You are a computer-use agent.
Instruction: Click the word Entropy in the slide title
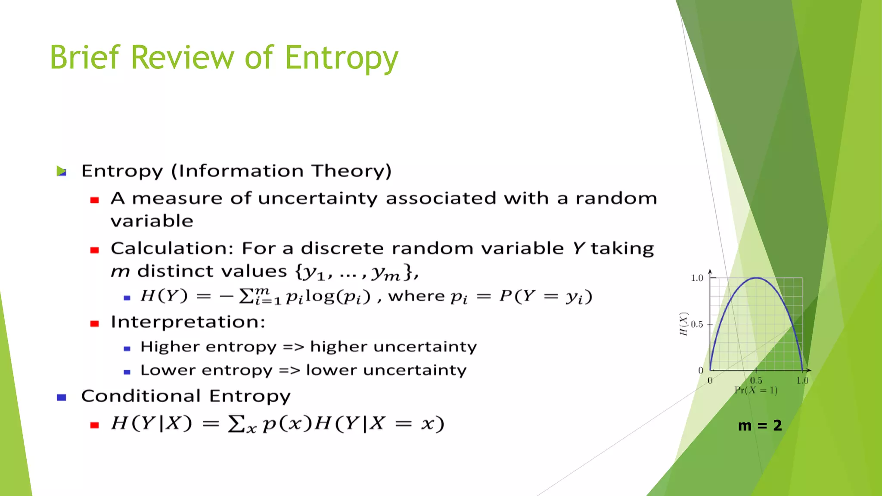[x=341, y=58]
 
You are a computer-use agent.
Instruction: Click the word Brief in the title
[x=84, y=57]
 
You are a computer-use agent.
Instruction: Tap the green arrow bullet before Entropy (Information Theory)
[x=62, y=171]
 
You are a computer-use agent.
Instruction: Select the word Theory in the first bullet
[x=351, y=171]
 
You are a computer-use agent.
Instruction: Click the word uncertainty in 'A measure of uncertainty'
[x=317, y=198]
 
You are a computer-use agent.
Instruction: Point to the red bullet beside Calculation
[x=95, y=250]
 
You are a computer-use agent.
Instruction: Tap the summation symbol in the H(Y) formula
[x=246, y=296]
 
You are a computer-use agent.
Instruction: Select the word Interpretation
[x=188, y=322]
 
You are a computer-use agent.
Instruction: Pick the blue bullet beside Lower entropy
[x=127, y=372]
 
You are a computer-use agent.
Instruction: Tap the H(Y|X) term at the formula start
[x=151, y=423]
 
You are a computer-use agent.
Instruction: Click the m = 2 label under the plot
[x=760, y=425]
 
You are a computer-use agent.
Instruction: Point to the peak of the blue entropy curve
[x=756, y=278]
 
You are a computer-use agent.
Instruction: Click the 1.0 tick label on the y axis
[x=697, y=278]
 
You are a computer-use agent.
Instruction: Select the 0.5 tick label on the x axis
[x=756, y=381]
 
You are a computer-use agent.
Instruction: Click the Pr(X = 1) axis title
[x=756, y=391]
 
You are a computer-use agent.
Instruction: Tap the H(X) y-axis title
[x=683, y=324]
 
